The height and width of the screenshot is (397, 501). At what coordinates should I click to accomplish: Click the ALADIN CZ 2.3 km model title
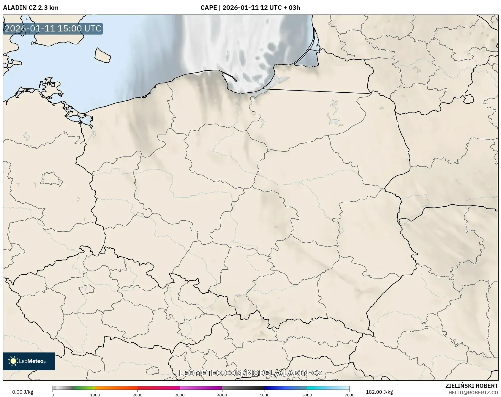31,8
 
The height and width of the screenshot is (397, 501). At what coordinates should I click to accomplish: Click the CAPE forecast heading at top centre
250,8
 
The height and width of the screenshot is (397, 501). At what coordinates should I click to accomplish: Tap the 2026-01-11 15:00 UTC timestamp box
53,29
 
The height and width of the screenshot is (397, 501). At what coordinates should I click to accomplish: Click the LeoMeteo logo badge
29,361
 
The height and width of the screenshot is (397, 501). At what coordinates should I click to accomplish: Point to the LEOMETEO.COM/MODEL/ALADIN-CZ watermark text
250,373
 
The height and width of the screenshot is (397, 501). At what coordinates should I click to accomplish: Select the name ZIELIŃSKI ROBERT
472,386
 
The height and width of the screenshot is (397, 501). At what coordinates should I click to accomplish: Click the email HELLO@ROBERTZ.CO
473,393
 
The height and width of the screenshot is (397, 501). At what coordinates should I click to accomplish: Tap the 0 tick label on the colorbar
53,395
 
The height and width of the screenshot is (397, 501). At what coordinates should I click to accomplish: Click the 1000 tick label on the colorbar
95,395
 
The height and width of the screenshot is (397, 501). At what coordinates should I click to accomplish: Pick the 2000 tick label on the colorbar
138,395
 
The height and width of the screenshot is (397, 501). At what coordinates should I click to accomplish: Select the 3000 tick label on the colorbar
180,395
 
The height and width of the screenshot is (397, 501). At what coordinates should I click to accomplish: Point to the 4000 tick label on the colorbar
222,395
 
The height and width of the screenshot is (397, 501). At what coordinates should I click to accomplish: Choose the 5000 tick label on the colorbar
265,395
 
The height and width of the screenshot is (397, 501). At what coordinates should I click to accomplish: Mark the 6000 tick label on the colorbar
307,395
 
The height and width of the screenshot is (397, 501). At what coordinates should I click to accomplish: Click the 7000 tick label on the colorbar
349,395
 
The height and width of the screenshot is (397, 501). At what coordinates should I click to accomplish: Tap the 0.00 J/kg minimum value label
23,392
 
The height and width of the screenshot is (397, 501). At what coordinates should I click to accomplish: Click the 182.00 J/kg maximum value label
379,392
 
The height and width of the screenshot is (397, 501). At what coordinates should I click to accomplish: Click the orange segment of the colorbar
116,388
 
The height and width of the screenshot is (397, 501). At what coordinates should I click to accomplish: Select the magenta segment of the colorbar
201,388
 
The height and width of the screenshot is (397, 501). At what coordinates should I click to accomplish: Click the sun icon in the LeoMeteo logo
13,361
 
